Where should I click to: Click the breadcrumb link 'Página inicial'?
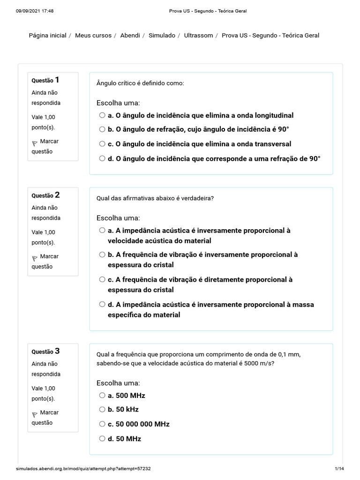[47, 36]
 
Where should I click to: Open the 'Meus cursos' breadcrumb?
[93, 36]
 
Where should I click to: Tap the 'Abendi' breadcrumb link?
[130, 36]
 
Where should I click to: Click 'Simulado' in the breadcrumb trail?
[162, 36]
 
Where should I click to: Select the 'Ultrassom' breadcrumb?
[198, 36]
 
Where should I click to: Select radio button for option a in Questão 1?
[102, 115]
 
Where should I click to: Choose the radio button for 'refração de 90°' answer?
[102, 158]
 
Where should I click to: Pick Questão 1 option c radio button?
[102, 144]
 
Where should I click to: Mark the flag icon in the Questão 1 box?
[35, 142]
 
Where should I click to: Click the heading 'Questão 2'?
[45, 195]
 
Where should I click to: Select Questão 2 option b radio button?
[102, 255]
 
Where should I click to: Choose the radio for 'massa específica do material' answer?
[102, 305]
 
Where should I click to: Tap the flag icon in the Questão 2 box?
[35, 258]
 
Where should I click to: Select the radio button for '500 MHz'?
[102, 395]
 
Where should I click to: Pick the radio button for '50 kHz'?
[102, 409]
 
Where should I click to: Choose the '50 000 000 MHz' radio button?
[102, 424]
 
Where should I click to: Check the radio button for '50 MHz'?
[102, 439]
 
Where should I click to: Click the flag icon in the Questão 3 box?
[35, 414]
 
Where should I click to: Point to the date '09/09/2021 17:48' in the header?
[35, 11]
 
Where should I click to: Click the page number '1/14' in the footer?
[339, 469]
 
